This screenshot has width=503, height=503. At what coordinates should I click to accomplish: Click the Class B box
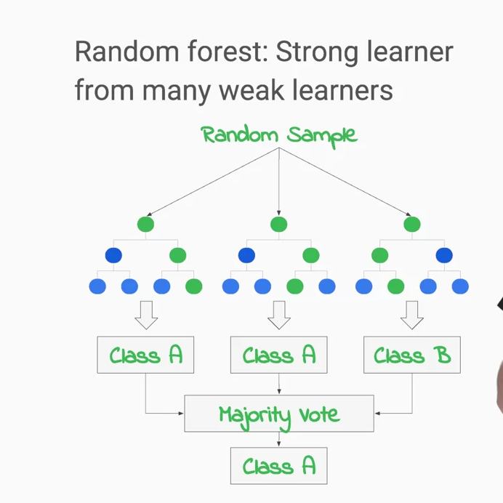(x=411, y=355)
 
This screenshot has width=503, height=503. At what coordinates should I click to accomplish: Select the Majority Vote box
(x=279, y=414)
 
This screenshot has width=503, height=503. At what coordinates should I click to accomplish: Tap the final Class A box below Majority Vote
(x=279, y=466)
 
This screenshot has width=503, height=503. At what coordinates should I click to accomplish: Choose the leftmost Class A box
(x=145, y=355)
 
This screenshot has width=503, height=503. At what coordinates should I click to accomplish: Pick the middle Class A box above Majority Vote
(x=279, y=355)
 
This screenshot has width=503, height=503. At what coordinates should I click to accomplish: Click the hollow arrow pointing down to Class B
(x=411, y=315)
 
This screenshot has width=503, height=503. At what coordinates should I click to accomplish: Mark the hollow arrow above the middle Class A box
(x=279, y=315)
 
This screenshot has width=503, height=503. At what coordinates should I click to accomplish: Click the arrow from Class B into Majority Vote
(x=393, y=414)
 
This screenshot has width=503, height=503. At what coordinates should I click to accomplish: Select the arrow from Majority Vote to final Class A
(x=279, y=440)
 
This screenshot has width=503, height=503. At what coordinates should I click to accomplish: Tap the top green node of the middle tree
(x=279, y=224)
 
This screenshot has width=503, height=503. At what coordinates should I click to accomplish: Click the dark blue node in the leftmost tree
(x=113, y=255)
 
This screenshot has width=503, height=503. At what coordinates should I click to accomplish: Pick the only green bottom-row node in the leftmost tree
(x=193, y=286)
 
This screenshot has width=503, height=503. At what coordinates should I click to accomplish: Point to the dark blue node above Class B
(x=443, y=255)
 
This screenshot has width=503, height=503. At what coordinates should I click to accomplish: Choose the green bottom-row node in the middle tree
(x=294, y=286)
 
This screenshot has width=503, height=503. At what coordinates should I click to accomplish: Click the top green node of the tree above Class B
(x=411, y=224)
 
